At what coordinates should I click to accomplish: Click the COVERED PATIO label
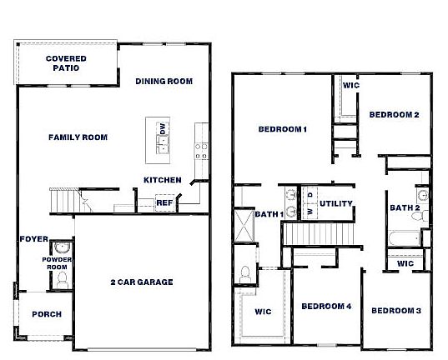[x=66, y=63]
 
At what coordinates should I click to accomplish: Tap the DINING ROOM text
[x=164, y=82]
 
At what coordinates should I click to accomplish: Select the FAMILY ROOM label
[x=78, y=137]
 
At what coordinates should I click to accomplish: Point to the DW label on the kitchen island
[x=163, y=128]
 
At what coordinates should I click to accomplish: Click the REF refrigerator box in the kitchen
[x=164, y=202]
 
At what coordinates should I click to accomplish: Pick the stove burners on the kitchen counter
[x=201, y=150]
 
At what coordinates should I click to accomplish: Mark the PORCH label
[x=46, y=314]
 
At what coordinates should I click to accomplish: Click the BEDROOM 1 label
[x=283, y=129]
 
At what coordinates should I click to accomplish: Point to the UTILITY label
[x=336, y=203]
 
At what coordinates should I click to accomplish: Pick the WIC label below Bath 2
[x=405, y=263]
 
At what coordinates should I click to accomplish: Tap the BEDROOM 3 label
[x=395, y=311]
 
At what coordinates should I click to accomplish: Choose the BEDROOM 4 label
[x=325, y=307]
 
